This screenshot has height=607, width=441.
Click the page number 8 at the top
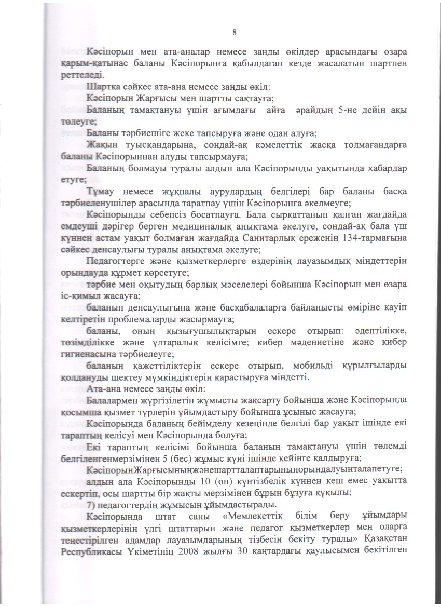pos(235,33)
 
